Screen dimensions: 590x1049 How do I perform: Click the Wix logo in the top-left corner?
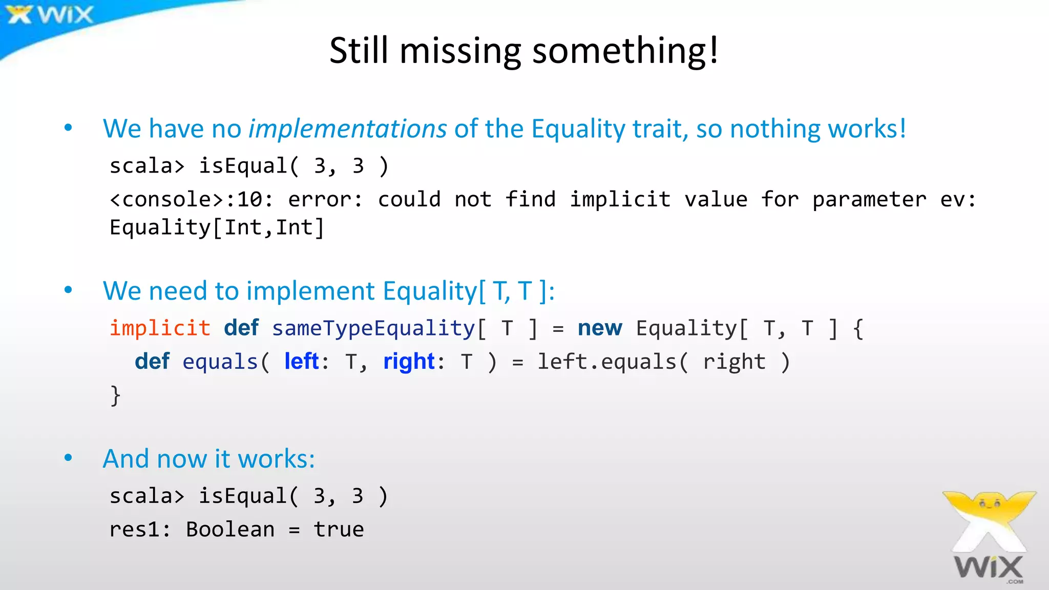[50, 14]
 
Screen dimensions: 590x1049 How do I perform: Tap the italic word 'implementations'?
[348, 129]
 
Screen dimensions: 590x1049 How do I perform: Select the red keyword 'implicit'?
[160, 328]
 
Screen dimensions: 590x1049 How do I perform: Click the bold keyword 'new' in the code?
[600, 328]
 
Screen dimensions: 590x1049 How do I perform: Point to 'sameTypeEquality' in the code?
[373, 328]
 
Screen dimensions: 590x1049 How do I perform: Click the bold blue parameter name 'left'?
[302, 362]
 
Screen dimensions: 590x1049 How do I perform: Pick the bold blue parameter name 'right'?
[409, 362]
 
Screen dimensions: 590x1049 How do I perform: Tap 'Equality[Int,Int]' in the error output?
[217, 228]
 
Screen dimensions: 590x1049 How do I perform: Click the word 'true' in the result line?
[339, 530]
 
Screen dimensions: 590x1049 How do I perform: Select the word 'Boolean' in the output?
[230, 530]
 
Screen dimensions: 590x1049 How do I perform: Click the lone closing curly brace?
[116, 395]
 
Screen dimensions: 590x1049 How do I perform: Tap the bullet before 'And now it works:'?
[68, 458]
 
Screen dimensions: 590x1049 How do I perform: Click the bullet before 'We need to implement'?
[68, 290]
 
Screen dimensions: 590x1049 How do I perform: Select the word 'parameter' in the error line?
[869, 200]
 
